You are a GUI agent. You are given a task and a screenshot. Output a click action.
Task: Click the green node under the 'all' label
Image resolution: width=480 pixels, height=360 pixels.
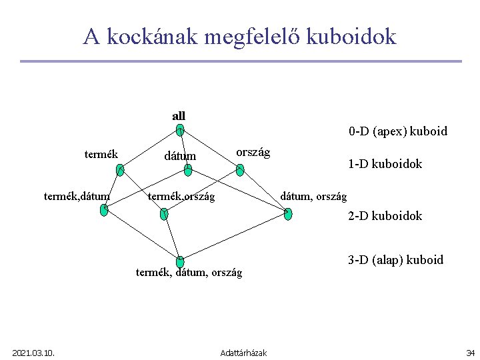coord(180,131)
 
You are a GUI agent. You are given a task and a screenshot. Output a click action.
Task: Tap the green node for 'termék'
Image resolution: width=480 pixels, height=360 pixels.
coord(119,170)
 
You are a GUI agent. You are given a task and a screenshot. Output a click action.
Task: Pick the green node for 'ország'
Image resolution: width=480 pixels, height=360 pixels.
coord(240,170)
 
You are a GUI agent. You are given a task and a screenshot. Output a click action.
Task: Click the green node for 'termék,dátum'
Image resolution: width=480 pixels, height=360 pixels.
coord(103,209)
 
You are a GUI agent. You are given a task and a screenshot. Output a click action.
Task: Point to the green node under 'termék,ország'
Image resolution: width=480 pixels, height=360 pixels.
coord(164,214)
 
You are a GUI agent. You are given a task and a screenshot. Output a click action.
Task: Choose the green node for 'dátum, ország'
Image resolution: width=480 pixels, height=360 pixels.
coord(287,214)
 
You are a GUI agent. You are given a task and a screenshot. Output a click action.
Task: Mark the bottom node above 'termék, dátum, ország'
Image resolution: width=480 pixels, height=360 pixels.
coord(180,261)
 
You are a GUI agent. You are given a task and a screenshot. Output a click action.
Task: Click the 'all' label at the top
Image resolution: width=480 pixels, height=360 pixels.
coord(179,116)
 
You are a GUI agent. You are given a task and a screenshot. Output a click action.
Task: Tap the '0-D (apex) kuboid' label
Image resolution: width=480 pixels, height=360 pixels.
coord(397,131)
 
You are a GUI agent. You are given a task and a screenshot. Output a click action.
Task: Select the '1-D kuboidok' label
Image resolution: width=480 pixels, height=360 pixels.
coord(385,164)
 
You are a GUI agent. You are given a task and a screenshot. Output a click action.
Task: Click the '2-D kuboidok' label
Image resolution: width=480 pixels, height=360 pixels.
coord(385,216)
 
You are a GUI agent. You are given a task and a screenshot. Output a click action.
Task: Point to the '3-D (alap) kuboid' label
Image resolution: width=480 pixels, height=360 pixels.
coord(395,260)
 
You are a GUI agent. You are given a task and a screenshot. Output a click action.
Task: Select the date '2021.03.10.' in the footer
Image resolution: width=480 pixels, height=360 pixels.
coord(33,352)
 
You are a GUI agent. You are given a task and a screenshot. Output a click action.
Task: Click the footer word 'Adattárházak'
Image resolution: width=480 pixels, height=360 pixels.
coord(243,352)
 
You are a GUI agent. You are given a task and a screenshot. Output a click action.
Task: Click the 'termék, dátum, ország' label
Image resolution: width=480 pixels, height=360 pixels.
coord(189,273)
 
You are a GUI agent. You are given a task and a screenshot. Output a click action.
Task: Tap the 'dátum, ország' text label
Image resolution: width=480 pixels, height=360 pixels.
coord(313,196)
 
